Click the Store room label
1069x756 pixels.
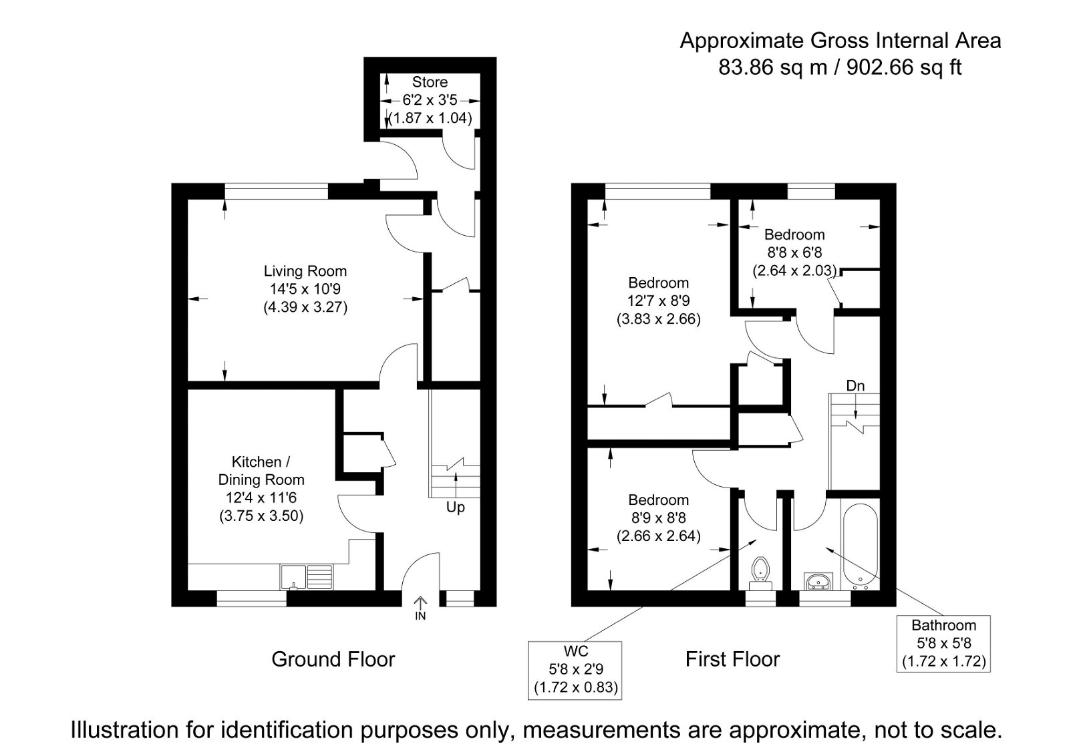click(x=430, y=82)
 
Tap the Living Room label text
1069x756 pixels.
click(x=305, y=271)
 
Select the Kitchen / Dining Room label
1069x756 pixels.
click(x=261, y=471)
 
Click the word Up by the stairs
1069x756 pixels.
click(x=455, y=508)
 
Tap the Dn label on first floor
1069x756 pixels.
click(x=855, y=386)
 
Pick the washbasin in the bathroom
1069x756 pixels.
click(x=817, y=581)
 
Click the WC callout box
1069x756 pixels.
click(x=575, y=669)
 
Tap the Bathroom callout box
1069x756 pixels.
click(x=943, y=644)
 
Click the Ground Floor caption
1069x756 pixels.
click(x=333, y=660)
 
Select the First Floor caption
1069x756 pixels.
click(x=732, y=660)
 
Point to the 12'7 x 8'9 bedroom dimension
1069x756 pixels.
click(x=658, y=301)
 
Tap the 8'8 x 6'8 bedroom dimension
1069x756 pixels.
click(x=794, y=252)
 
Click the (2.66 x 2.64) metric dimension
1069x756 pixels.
click(x=658, y=536)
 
